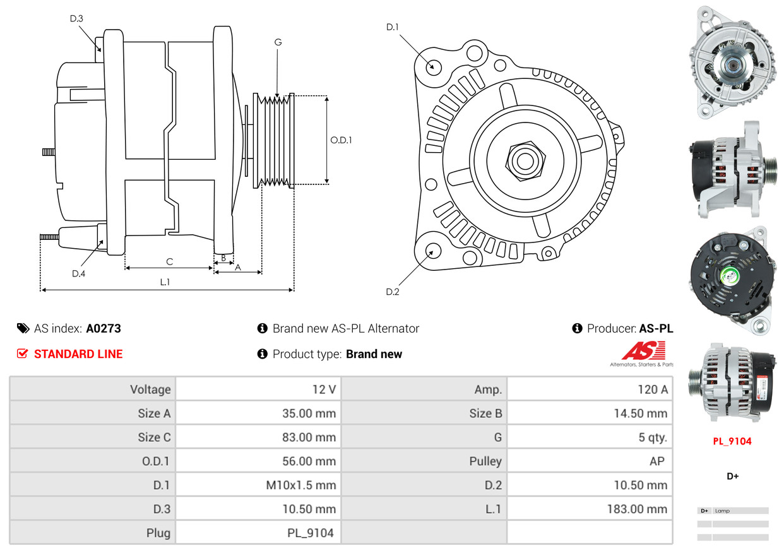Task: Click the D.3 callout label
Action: [76, 19]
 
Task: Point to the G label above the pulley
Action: [278, 42]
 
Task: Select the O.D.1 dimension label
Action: [341, 140]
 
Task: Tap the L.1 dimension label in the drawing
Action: [165, 282]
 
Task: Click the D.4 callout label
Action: [78, 273]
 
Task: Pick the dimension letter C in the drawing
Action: [169, 261]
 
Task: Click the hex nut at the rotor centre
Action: [523, 160]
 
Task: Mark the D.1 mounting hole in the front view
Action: [433, 66]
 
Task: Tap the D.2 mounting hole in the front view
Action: [432, 251]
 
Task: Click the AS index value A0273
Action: [104, 328]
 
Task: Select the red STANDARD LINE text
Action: [78, 354]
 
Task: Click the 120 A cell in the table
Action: [652, 389]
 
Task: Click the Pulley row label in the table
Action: [485, 461]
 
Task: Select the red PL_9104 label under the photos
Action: [732, 441]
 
